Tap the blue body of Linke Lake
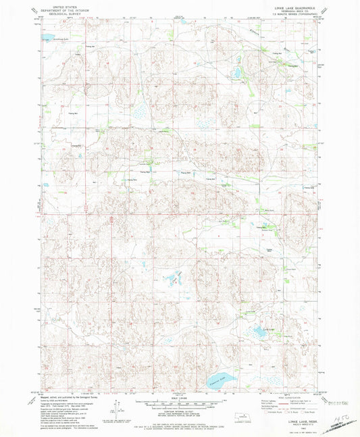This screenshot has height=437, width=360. [259, 332]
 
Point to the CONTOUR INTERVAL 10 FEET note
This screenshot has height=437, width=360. [179, 413]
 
